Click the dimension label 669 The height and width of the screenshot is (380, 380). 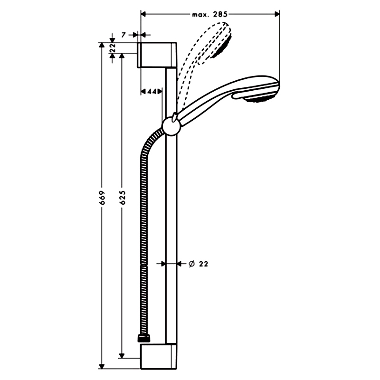(x=103, y=198)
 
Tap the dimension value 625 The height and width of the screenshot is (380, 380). (x=123, y=198)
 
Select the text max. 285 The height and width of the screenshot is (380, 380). (x=209, y=15)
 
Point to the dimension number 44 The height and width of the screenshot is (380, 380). (x=152, y=91)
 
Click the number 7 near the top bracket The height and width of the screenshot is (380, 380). (x=123, y=35)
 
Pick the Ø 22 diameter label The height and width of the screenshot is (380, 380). (x=199, y=264)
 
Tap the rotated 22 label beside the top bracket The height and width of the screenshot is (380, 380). (x=113, y=48)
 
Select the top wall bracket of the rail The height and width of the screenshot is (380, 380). (x=158, y=55)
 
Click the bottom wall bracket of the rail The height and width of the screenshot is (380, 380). (x=159, y=356)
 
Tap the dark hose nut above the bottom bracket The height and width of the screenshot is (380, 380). (x=144, y=338)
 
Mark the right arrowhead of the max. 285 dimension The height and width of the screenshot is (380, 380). (x=276, y=14)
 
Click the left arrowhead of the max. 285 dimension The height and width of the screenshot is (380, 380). (x=143, y=14)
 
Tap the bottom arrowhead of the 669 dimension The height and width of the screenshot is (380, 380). (x=102, y=366)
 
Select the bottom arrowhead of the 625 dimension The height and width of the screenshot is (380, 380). (x=122, y=355)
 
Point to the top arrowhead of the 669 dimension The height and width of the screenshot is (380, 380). (x=102, y=46)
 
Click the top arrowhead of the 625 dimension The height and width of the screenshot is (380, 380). (x=122, y=56)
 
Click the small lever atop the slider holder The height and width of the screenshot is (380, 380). (x=174, y=116)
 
